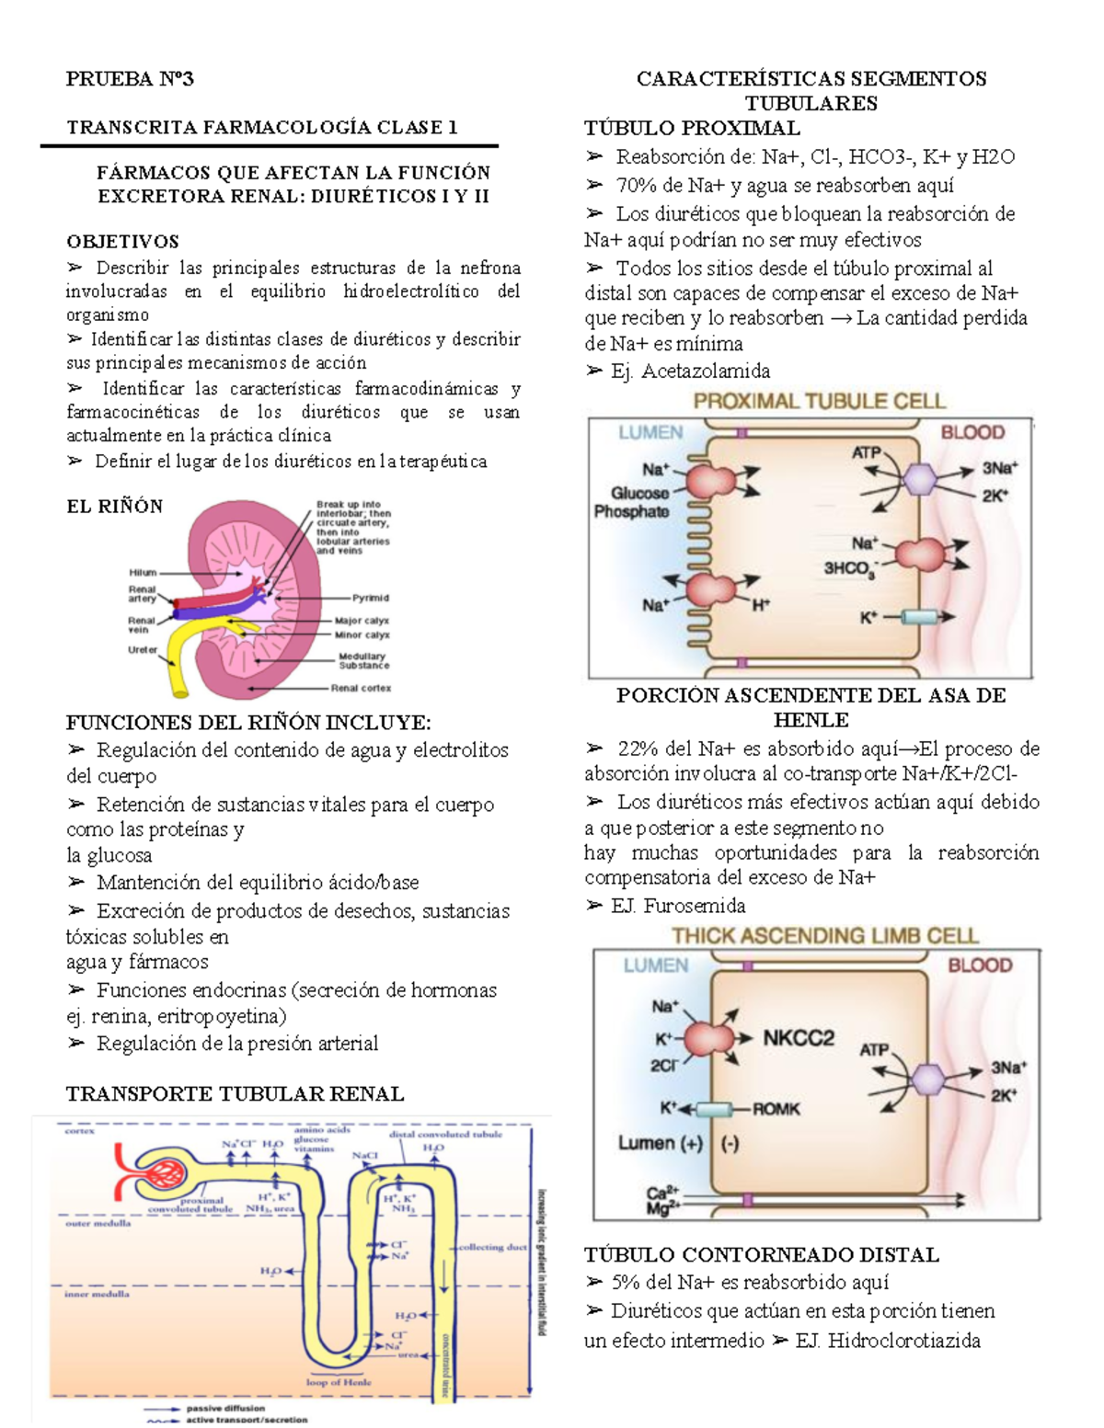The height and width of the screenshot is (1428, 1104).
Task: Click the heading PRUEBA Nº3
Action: (130, 79)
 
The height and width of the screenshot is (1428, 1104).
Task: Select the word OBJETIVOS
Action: (122, 242)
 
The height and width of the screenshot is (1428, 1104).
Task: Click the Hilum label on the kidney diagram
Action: (143, 573)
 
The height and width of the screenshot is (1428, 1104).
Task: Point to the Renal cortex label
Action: (361, 688)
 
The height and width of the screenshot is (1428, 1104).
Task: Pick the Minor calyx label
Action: (362, 634)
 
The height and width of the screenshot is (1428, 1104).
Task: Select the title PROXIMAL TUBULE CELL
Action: (819, 401)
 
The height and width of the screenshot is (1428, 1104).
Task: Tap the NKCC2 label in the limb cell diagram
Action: (798, 1038)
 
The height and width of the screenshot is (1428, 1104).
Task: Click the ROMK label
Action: (776, 1109)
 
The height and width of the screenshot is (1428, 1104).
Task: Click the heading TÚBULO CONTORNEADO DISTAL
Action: (762, 1255)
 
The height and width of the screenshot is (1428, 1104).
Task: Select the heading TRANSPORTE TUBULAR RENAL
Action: (235, 1094)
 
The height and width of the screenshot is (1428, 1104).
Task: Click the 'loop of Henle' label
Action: (339, 1381)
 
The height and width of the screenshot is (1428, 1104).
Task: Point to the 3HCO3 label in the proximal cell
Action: (849, 569)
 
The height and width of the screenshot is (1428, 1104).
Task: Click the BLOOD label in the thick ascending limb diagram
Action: (979, 965)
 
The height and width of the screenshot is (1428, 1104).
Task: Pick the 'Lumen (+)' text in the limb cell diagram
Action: (660, 1143)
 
